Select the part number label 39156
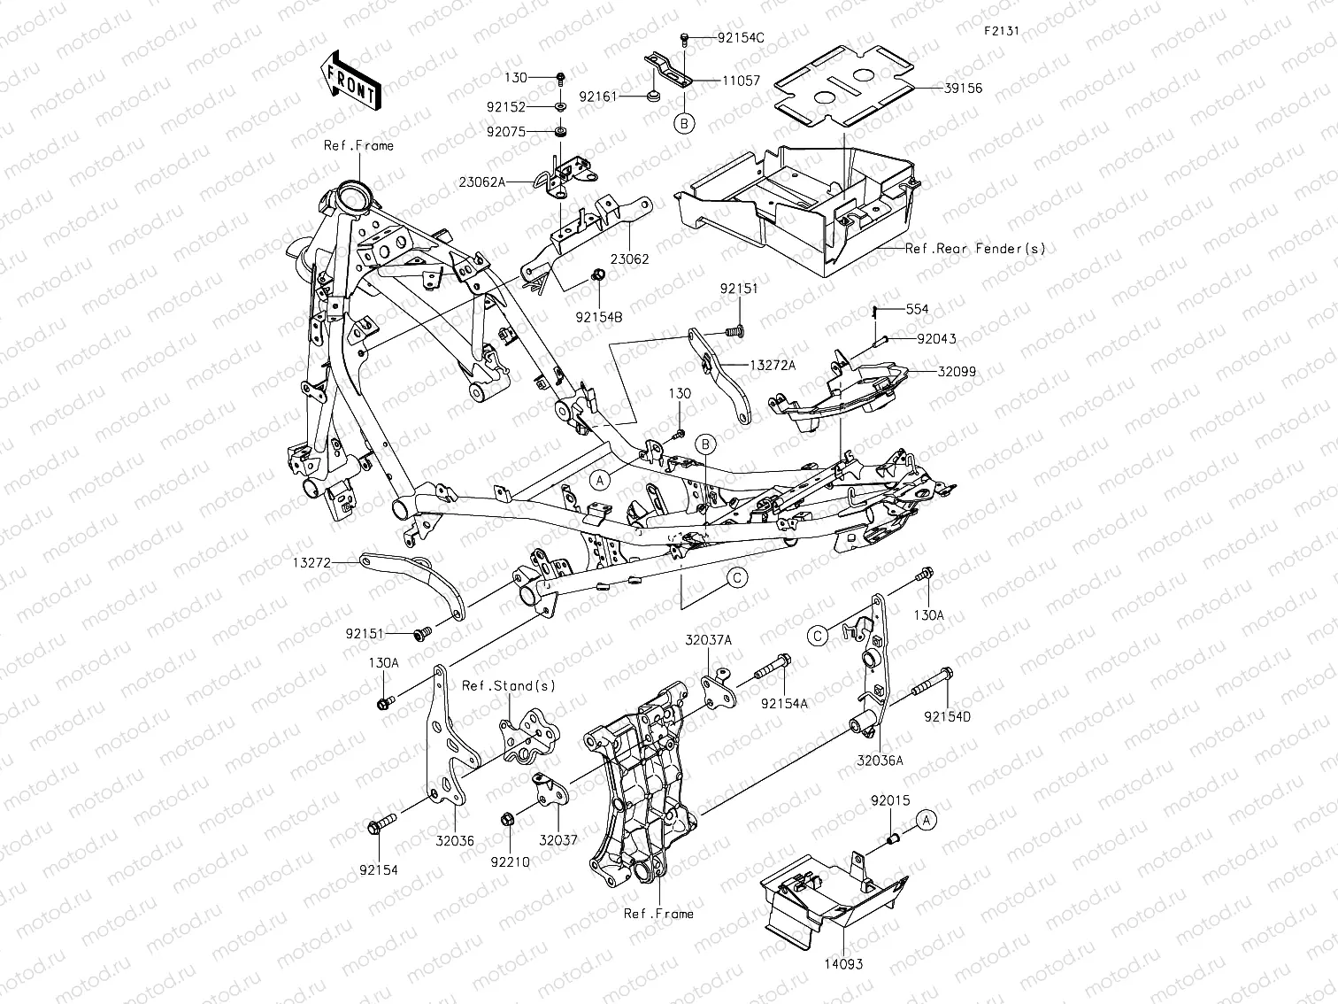coord(962,89)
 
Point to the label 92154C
coord(741,38)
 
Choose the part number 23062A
coord(482,182)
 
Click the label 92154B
coord(598,314)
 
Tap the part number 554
coord(917,310)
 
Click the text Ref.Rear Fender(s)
coord(974,249)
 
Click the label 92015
coord(889,800)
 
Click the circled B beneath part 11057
coord(685,123)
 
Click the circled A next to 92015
coord(925,820)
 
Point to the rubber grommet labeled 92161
coord(653,96)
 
